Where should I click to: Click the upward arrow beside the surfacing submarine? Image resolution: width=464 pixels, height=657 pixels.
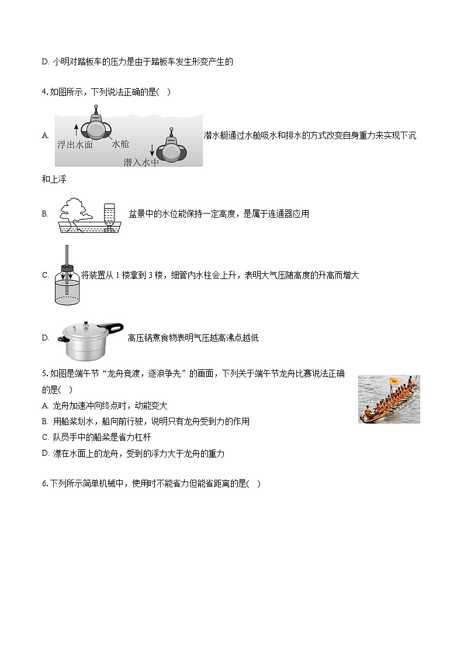click(x=75, y=129)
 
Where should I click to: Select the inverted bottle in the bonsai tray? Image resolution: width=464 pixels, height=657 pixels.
click(x=109, y=215)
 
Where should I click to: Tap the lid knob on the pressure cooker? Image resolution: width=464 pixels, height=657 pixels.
click(x=86, y=323)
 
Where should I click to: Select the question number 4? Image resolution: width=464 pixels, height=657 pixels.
click(x=44, y=92)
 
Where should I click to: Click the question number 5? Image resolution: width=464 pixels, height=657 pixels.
click(x=44, y=374)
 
